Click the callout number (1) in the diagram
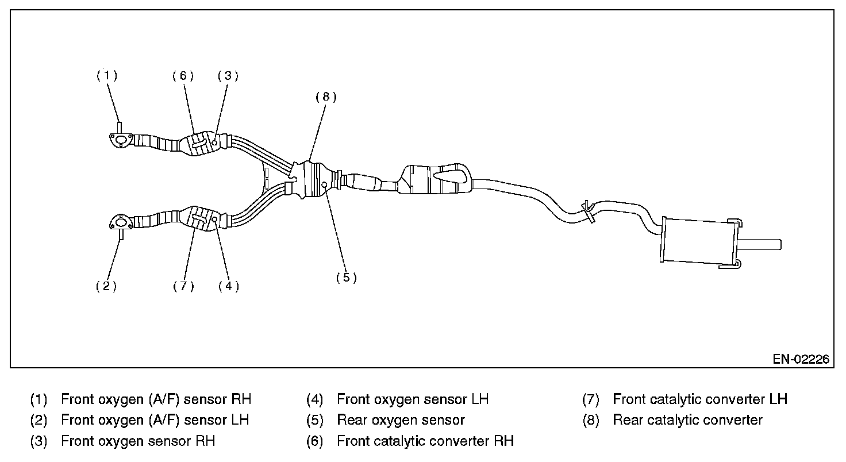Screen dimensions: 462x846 pyautogui.click(x=107, y=76)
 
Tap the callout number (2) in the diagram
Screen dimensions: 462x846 pyautogui.click(x=106, y=286)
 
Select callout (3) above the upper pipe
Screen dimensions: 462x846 pyautogui.click(x=228, y=76)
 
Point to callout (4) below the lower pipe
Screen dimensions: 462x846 pyautogui.click(x=229, y=286)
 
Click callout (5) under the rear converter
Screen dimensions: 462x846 pyautogui.click(x=347, y=278)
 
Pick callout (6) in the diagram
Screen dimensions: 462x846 pyautogui.click(x=183, y=76)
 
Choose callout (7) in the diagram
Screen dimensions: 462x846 pyautogui.click(x=183, y=286)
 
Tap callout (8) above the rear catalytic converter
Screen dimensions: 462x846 pyautogui.click(x=326, y=97)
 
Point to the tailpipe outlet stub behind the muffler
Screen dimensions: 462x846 pyautogui.click(x=761, y=244)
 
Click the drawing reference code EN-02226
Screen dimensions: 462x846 pyautogui.click(x=801, y=359)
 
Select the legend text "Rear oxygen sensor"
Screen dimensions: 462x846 pyautogui.click(x=401, y=420)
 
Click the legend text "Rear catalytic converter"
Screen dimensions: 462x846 pyautogui.click(x=687, y=420)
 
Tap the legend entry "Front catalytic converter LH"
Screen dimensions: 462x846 pyautogui.click(x=699, y=399)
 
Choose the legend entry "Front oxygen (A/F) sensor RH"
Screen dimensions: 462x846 pyautogui.click(x=156, y=399)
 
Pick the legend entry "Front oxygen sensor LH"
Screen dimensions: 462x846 pyautogui.click(x=412, y=399)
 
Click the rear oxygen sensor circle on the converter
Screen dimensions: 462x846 pyautogui.click(x=325, y=184)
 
